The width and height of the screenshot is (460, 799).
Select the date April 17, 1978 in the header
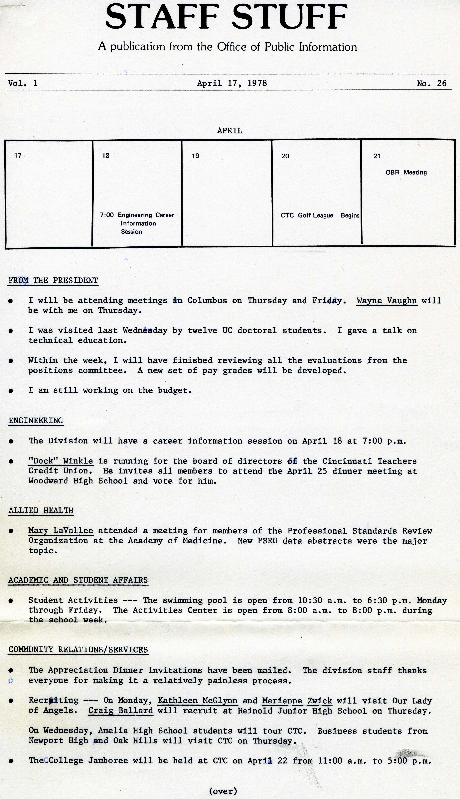click(x=232, y=83)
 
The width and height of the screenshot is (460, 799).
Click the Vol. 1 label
click(x=23, y=83)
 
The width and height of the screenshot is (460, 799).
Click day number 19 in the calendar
click(x=196, y=156)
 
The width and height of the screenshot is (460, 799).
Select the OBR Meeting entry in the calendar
click(x=406, y=172)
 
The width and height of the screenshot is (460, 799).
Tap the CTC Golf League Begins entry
click(x=320, y=215)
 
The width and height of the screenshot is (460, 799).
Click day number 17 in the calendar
click(x=18, y=155)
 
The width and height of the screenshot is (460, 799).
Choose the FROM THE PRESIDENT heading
click(x=53, y=280)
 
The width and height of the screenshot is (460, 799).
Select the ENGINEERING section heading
click(x=36, y=421)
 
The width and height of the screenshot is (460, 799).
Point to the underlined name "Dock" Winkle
click(x=61, y=461)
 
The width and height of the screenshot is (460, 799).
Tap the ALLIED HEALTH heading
click(x=41, y=510)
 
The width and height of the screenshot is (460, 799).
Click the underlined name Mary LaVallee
click(x=61, y=531)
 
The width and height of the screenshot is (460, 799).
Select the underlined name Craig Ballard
click(x=120, y=711)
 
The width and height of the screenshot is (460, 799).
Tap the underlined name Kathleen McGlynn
click(x=198, y=701)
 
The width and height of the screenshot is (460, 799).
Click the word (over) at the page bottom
click(x=223, y=791)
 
